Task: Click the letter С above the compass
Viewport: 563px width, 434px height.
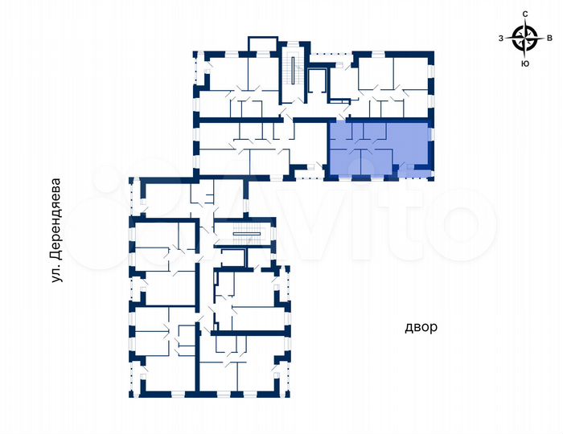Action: pyautogui.click(x=525, y=14)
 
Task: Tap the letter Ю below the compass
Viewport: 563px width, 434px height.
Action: pyautogui.click(x=525, y=63)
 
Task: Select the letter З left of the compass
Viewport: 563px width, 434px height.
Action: pyautogui.click(x=501, y=38)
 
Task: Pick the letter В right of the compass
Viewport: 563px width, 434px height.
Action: pyautogui.click(x=549, y=38)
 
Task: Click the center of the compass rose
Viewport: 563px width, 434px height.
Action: pyautogui.click(x=525, y=37)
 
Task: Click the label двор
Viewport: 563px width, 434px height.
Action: pyautogui.click(x=421, y=327)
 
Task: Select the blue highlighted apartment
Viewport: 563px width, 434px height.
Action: pyautogui.click(x=378, y=149)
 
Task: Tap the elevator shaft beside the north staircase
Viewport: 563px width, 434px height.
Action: pyautogui.click(x=317, y=84)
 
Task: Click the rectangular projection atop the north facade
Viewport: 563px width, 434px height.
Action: pyautogui.click(x=262, y=45)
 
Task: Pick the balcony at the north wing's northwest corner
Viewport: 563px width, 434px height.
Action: pyautogui.click(x=198, y=80)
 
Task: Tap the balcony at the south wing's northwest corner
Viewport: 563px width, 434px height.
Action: pyautogui.click(x=136, y=197)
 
